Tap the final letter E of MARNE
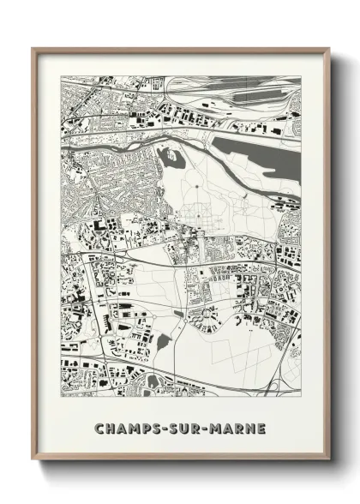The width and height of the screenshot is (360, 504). pos(261,428)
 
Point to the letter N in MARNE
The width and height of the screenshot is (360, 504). pos(249,428)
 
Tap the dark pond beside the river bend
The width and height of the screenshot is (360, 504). pos(171,156)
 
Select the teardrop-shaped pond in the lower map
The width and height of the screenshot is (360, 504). pos(164,343)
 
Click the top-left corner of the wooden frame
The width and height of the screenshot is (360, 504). pos(33,50)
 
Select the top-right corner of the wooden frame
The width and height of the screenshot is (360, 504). pos(330,50)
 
